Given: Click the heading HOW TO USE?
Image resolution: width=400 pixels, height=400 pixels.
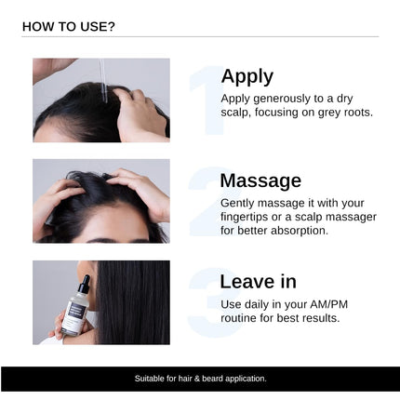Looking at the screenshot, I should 68,26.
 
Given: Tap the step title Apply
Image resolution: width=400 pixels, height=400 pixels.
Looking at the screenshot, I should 247,76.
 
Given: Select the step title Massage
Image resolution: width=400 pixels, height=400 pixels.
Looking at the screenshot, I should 260,180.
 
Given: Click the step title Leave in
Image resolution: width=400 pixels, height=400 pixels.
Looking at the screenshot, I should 259,281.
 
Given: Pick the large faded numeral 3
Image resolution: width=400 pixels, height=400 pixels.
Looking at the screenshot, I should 206,303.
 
